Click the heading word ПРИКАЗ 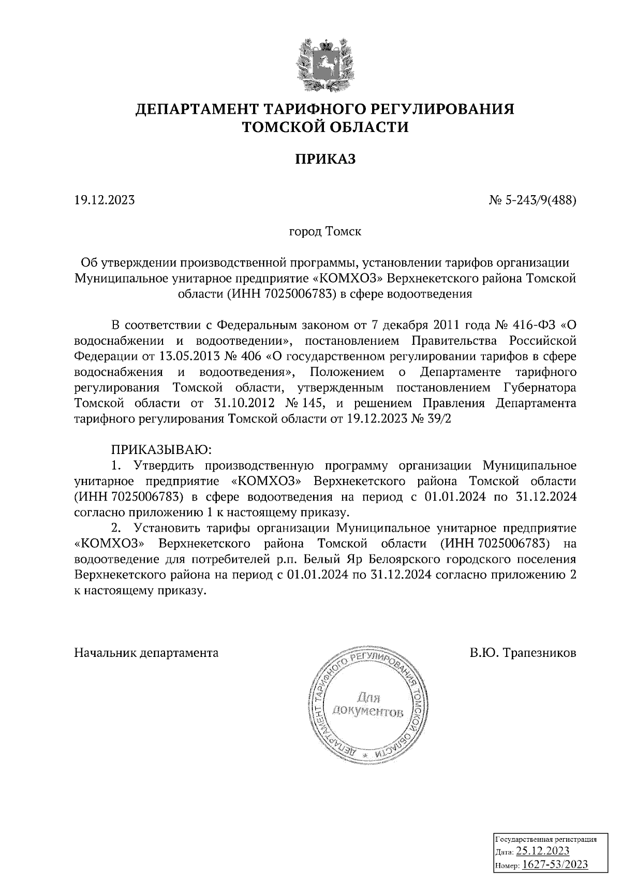click(326, 159)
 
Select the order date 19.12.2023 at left click(105, 199)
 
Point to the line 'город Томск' click(325, 231)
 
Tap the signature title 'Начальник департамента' click(146, 653)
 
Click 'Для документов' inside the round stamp click(366, 706)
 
